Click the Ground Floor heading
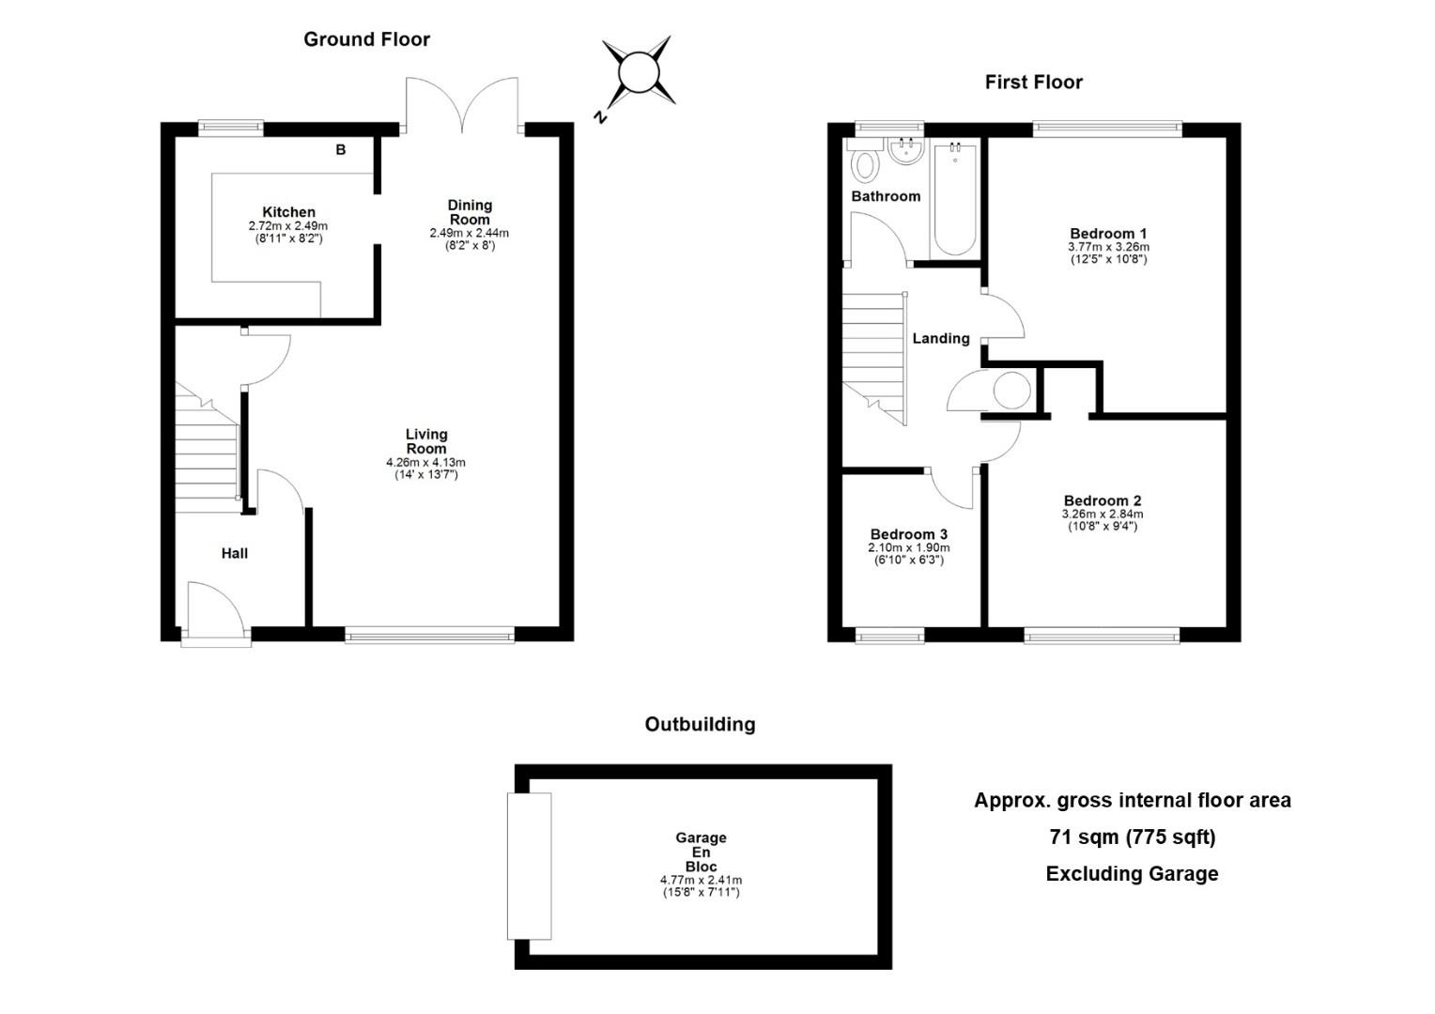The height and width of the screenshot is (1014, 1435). [366, 39]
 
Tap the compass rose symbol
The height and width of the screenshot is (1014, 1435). [639, 71]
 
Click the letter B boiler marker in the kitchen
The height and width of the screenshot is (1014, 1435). [341, 150]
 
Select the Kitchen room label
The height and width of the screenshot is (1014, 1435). [288, 212]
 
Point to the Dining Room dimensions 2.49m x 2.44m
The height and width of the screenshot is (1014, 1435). [469, 233]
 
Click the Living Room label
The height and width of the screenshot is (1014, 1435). [426, 441]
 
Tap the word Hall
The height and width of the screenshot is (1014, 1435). [235, 553]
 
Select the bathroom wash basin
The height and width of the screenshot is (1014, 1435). [906, 151]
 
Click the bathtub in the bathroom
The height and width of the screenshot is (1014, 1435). [955, 200]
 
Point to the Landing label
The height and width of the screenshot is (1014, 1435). [940, 338]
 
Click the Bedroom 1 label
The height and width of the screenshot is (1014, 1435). [1108, 234]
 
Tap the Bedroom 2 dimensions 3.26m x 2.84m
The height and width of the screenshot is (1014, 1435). [1102, 515]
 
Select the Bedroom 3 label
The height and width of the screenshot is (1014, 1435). [908, 534]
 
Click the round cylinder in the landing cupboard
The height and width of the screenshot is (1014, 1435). [1011, 390]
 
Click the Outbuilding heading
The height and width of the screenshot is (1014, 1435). [700, 725]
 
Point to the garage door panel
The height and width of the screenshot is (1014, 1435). [529, 866]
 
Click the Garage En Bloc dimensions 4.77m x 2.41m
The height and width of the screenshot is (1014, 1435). [701, 881]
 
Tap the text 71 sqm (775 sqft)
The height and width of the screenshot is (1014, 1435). [1132, 837]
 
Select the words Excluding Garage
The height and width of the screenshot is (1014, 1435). [1132, 874]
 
